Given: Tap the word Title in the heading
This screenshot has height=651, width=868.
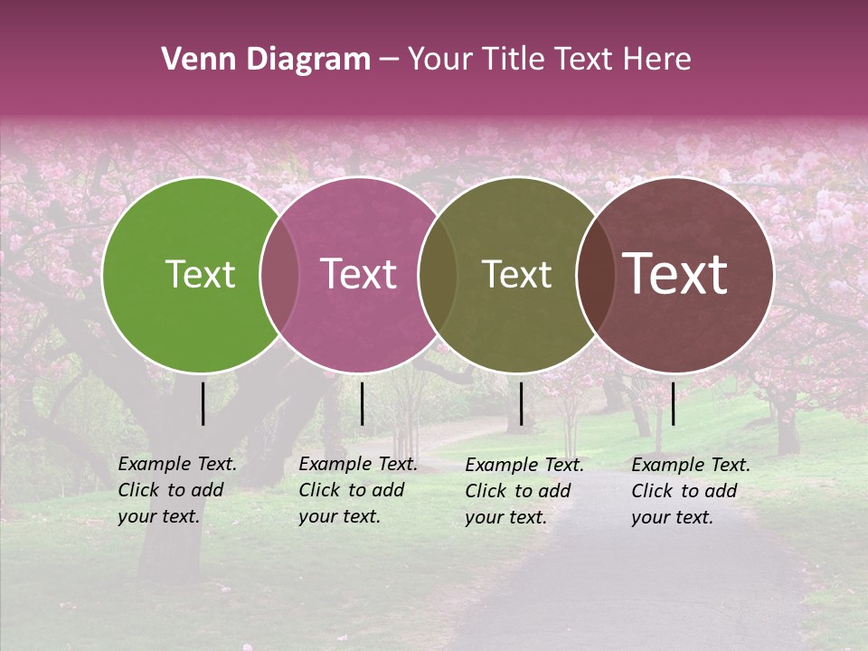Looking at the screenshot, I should point(515,60).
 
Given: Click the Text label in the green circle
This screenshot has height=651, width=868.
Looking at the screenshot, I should point(200,275).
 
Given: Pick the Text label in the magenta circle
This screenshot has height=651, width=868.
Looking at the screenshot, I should point(358,275).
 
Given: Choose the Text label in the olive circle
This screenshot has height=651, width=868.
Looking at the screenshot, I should point(516,275).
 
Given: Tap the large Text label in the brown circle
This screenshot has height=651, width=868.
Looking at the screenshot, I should point(675,274).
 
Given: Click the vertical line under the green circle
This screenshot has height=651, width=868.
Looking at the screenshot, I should point(203,403).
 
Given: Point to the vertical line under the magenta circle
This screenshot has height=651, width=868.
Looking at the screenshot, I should point(362,403).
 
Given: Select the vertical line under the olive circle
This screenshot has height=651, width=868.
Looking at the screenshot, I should point(521,403).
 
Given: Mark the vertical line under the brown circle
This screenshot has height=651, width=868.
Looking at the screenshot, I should point(674,403).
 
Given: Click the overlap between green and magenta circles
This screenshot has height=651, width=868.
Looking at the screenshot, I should point(279,275).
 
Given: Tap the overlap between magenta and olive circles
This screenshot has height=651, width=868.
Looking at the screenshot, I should point(439,275).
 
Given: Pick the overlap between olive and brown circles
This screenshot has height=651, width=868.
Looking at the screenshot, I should point(596,275).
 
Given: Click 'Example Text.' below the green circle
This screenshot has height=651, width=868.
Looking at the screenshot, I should point(177,464).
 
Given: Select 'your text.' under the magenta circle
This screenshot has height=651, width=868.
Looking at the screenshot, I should point(339,516).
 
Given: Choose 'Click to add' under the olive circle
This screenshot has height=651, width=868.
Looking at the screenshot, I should point(518,491).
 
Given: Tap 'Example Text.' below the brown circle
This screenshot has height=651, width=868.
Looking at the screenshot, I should point(691,465).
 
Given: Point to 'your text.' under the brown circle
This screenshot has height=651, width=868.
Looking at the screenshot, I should point(672,517).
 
